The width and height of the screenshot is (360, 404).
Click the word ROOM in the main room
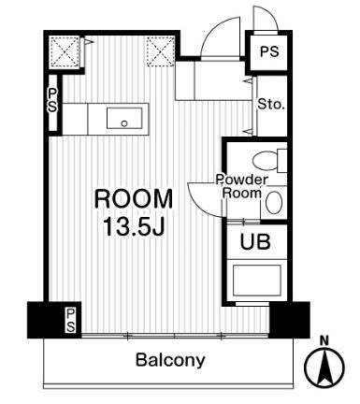[x=133, y=199]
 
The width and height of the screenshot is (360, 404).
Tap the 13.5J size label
[x=134, y=226]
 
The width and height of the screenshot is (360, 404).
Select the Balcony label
[x=170, y=360]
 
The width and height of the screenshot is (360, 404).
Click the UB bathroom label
[x=255, y=241]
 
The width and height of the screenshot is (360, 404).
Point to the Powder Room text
[x=242, y=186]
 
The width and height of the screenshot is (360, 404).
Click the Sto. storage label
[x=271, y=105]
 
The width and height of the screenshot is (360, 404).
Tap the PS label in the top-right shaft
[x=269, y=51]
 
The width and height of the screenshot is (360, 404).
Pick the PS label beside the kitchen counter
[x=52, y=100]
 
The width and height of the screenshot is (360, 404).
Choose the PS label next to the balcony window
[x=71, y=320]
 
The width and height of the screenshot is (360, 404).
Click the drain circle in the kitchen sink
[x=124, y=123]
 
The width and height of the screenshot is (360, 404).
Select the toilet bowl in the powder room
[x=265, y=161]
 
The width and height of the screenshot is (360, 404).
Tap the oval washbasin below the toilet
[x=274, y=203]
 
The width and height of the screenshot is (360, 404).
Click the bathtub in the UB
[x=257, y=280]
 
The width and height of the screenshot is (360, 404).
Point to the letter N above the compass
[x=325, y=341]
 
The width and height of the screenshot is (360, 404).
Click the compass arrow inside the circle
[x=324, y=367]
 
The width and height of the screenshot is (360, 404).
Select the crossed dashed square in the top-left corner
[x=65, y=51]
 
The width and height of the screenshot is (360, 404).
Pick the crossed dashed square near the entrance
[x=161, y=51]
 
